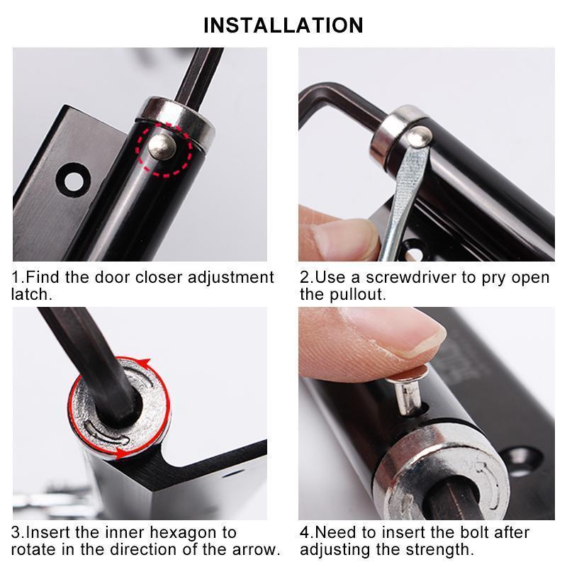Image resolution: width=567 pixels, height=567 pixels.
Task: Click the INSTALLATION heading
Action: click(x=283, y=25)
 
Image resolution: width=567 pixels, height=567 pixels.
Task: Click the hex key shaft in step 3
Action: click(x=85, y=354)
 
